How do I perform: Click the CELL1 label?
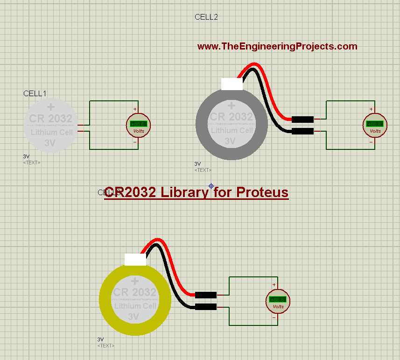pyautogui.click(x=35, y=93)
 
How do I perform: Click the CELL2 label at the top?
pyautogui.click(x=206, y=17)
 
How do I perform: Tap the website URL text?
pyautogui.click(x=277, y=46)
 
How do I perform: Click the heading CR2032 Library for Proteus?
pyautogui.click(x=196, y=192)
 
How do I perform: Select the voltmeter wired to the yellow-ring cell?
pyautogui.click(x=278, y=301)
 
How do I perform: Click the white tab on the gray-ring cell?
pyautogui.click(x=232, y=84)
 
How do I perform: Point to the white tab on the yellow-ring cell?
pyautogui.click(x=136, y=259)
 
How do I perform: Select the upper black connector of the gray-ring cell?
pyautogui.click(x=302, y=119)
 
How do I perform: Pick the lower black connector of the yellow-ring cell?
pyautogui.click(x=206, y=307)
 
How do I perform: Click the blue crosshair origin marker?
pyautogui.click(x=211, y=185)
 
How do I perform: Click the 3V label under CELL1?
pyautogui.click(x=26, y=156)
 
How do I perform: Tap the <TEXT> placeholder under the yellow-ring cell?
pyautogui.click(x=106, y=346)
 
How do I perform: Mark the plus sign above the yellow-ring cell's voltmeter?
pyautogui.click(x=274, y=285)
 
